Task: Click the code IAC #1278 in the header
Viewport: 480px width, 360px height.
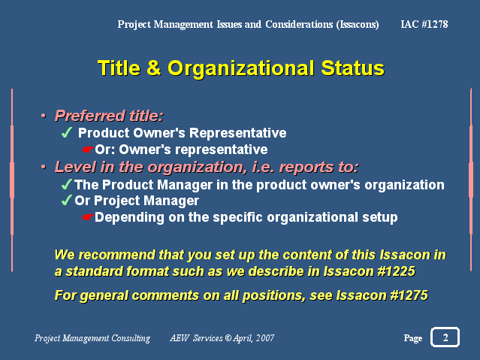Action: tap(424, 24)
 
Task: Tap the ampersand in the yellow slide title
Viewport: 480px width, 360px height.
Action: tap(154, 68)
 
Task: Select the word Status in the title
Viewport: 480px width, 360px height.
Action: tap(352, 68)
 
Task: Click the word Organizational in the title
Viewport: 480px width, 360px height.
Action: tap(241, 68)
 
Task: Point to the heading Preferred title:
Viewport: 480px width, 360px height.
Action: tap(109, 116)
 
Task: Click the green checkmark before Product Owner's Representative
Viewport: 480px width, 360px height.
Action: tap(67, 133)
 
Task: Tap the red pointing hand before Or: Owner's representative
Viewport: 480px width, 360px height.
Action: tap(88, 150)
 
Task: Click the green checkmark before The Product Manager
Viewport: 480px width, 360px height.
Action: tap(67, 184)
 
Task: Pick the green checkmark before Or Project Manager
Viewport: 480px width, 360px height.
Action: tap(67, 201)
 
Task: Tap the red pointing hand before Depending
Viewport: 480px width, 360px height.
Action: tap(88, 217)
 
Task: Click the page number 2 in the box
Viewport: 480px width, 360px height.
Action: tap(445, 337)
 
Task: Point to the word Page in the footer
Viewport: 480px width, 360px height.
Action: tap(413, 338)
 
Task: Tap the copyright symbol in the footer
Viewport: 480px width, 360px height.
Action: tap(228, 337)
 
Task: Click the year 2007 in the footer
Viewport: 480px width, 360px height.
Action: tap(265, 337)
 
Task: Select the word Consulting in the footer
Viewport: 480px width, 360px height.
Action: tap(131, 338)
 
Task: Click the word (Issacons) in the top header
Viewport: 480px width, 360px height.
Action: tap(358, 24)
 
